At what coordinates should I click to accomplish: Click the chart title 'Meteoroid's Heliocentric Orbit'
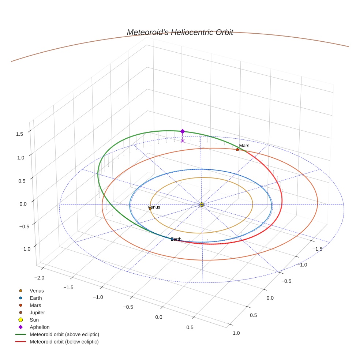[180, 32]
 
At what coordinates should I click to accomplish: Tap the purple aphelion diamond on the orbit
[183, 131]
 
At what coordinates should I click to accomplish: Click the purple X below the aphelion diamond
[183, 141]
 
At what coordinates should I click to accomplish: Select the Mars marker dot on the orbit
[237, 150]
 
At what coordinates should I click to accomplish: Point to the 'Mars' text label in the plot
[244, 146]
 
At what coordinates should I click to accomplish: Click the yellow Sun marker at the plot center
[202, 205]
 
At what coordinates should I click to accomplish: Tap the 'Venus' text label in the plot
[154, 207]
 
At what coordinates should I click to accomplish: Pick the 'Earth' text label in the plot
[176, 239]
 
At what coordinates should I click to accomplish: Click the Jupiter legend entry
[37, 312]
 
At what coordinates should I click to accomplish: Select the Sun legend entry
[34, 320]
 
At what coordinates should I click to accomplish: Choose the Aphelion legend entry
[39, 327]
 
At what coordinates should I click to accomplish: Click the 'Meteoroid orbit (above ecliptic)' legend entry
[64, 334]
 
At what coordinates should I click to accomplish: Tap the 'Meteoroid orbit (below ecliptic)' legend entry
[64, 342]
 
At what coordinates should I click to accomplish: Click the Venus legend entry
[37, 290]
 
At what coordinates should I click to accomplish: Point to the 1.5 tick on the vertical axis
[19, 134]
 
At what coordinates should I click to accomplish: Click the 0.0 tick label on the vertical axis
[23, 204]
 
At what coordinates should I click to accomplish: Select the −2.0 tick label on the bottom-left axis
[39, 278]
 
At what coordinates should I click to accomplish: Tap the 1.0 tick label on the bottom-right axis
[236, 333]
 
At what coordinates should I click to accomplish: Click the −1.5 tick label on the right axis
[317, 249]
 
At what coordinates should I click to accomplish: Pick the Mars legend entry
[35, 305]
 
